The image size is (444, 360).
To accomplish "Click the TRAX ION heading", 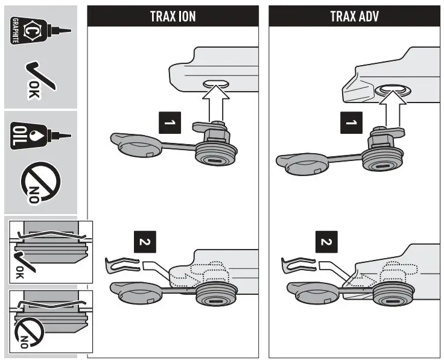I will pyautogui.click(x=173, y=16).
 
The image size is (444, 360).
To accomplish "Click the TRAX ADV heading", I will pyautogui.click(x=354, y=16).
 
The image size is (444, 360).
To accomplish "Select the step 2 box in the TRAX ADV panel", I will pyautogui.click(x=326, y=244).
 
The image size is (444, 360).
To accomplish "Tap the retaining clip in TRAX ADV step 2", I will pyautogui.click(x=298, y=264).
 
